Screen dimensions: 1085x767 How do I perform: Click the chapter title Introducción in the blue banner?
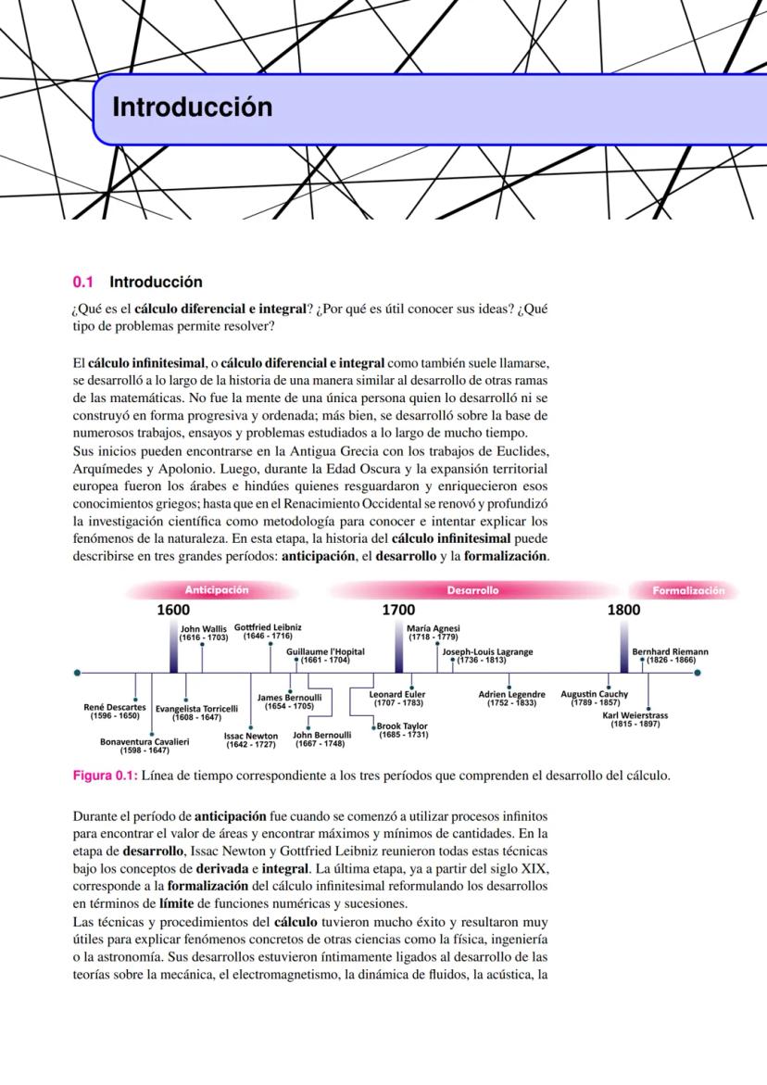[192, 107]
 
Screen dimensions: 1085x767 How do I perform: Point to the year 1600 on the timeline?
[173, 610]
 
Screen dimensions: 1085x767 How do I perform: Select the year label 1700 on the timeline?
[398, 610]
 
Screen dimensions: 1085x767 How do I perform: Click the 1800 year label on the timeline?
[623, 610]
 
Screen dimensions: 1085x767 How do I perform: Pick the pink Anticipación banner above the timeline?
[217, 590]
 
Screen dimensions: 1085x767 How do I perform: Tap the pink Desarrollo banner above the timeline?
[472, 590]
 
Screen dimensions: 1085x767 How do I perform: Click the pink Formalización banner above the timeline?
[687, 590]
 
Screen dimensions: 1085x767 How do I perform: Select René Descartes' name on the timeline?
[114, 707]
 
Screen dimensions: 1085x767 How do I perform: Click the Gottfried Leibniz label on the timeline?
[268, 627]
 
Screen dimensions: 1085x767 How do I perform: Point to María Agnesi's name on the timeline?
[434, 628]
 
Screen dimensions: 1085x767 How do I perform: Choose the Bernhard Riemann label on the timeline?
[670, 651]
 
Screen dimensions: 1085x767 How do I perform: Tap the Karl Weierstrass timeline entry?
[635, 715]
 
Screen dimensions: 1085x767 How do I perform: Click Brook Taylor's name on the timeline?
[402, 726]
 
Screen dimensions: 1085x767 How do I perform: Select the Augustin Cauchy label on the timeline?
[594, 693]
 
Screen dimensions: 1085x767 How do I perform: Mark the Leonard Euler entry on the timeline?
[397, 694]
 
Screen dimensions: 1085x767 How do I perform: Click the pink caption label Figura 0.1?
[105, 776]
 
